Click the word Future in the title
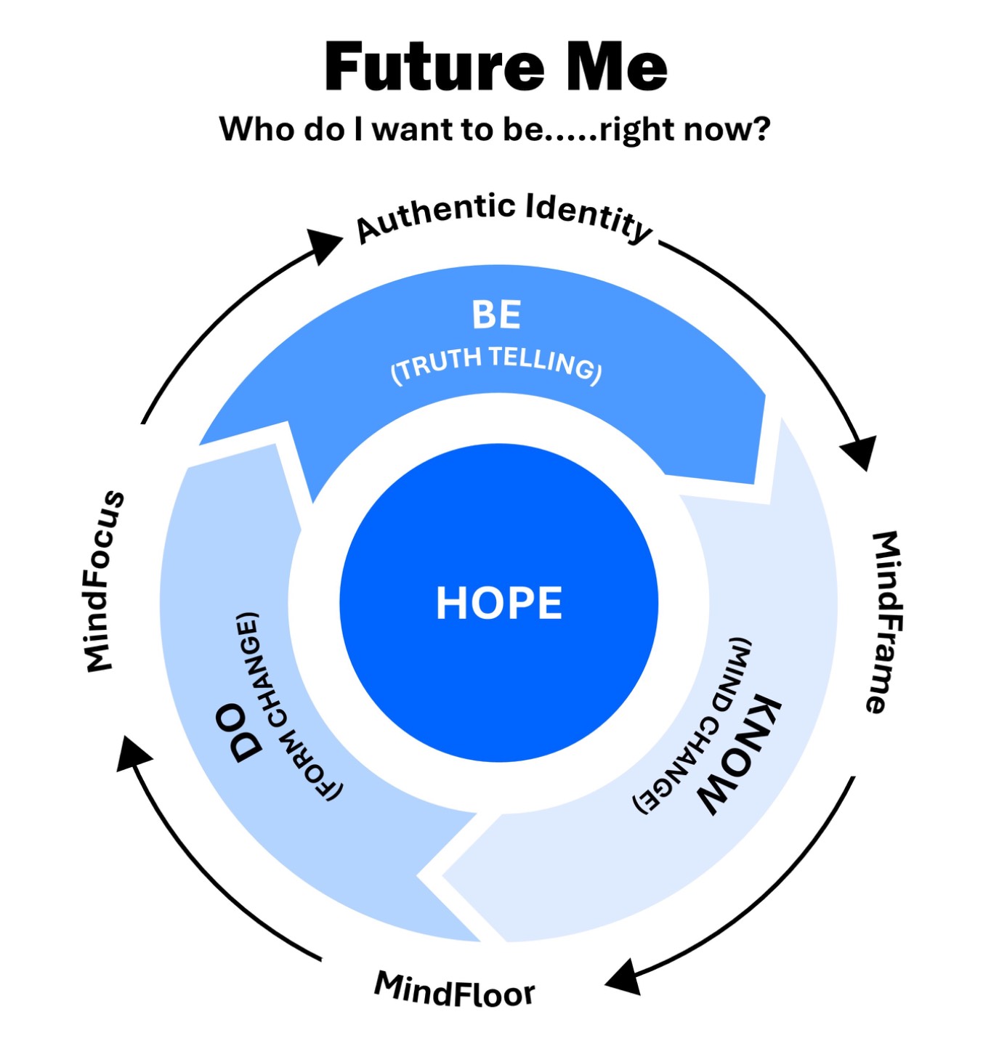(434, 67)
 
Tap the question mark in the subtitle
(762, 129)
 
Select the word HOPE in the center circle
(498, 603)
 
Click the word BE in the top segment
(496, 315)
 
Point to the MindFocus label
(105, 581)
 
